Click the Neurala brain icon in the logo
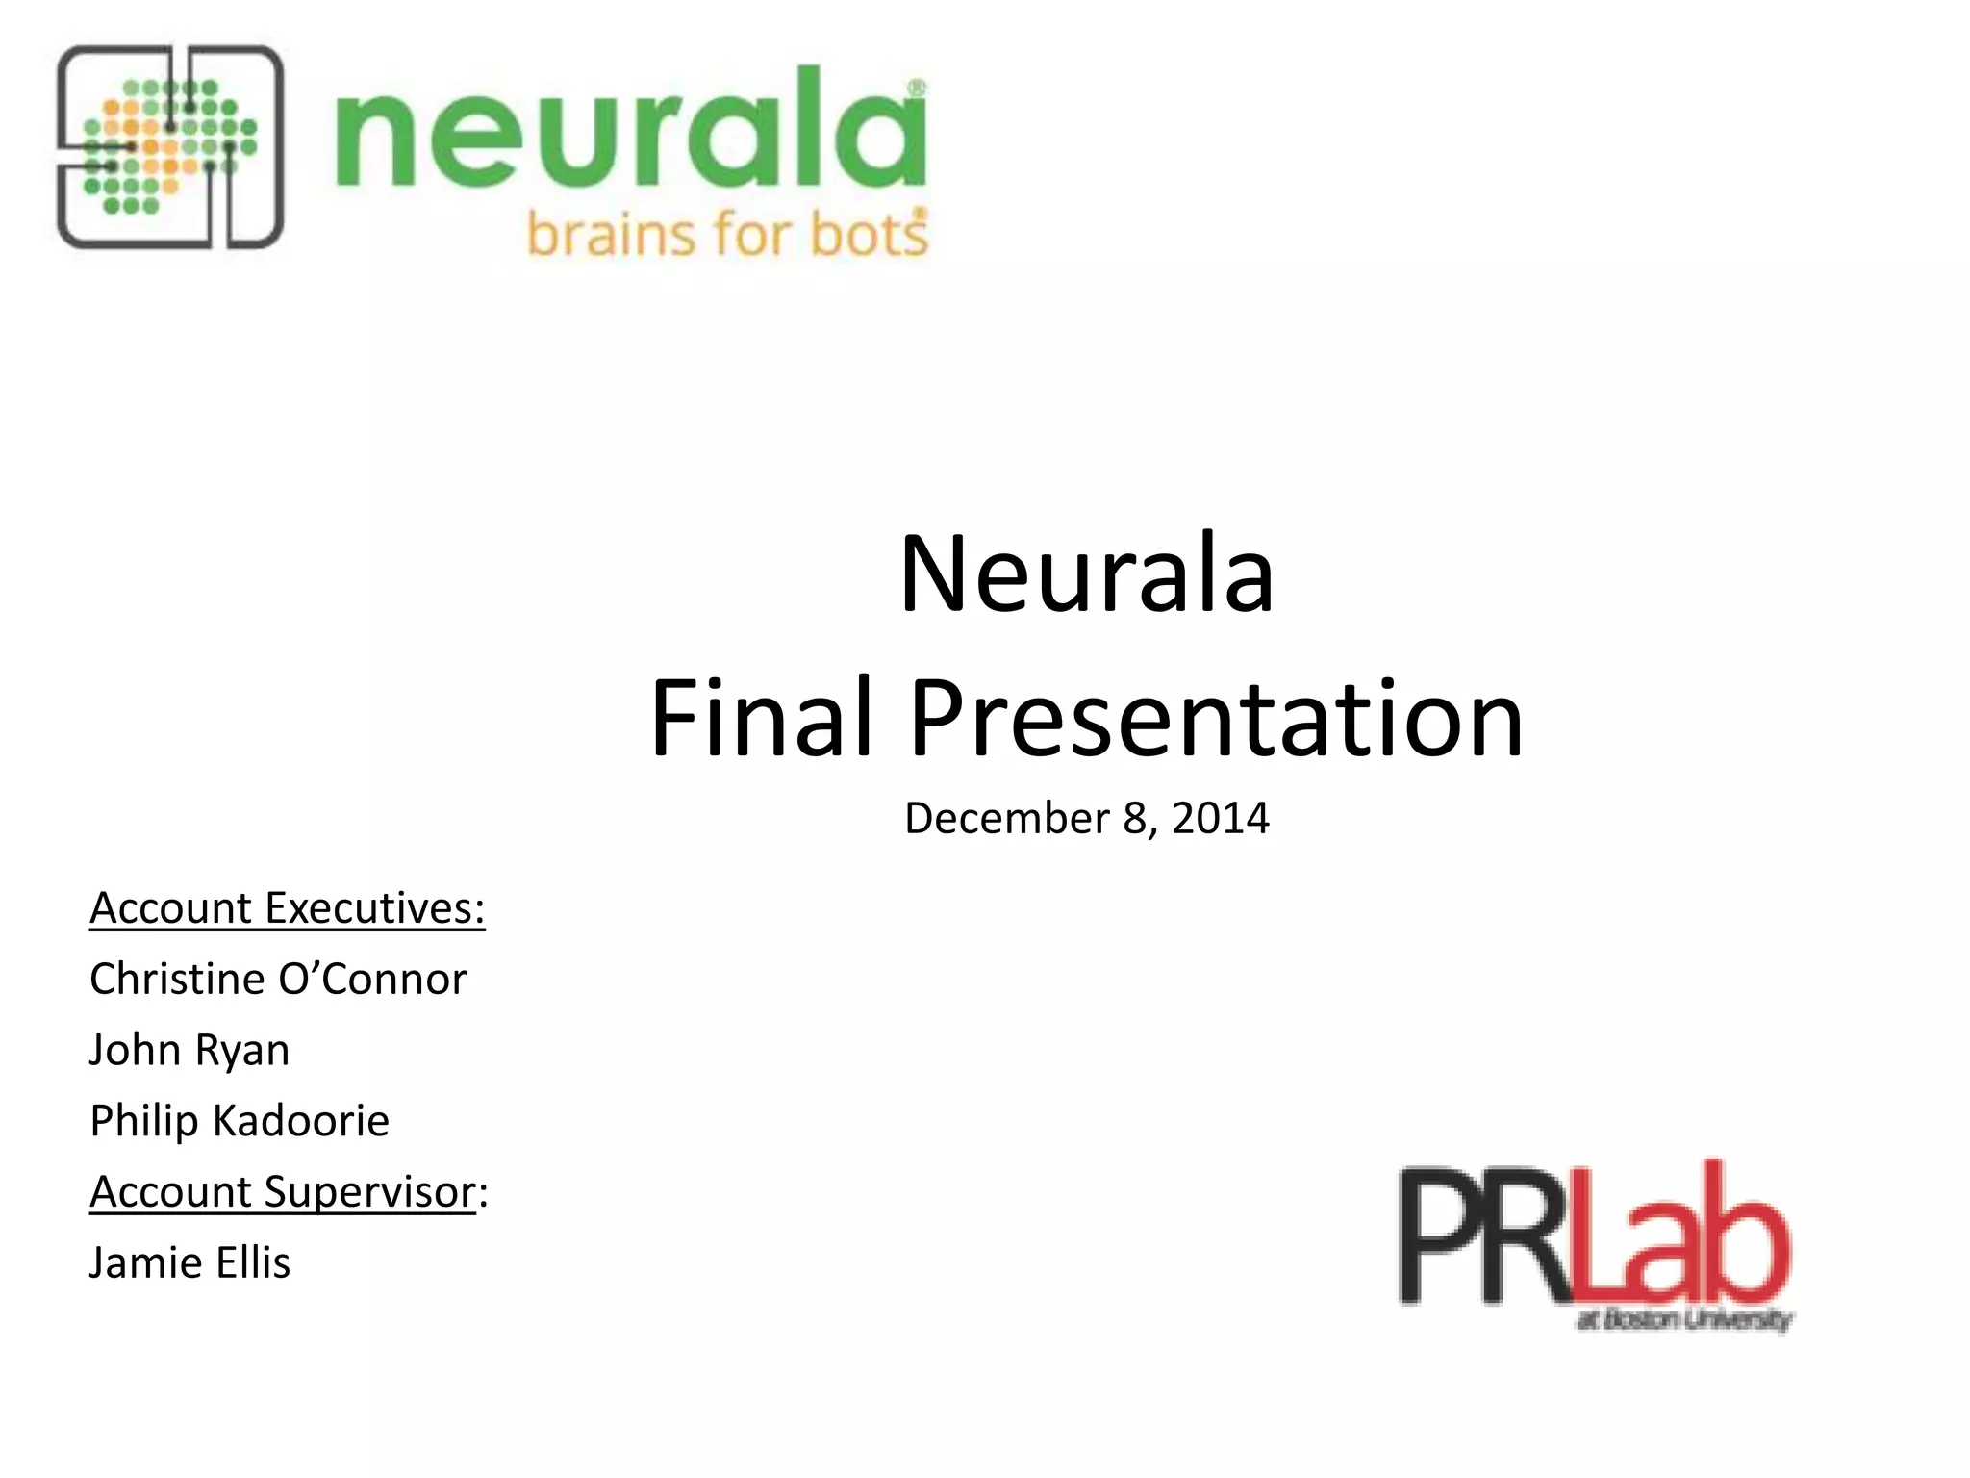pos(170,147)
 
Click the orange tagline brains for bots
pos(727,234)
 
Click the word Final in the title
pos(761,718)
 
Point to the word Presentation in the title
pos(1216,718)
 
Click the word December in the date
pos(1006,819)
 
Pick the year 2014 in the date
pos(1220,819)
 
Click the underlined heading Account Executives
pos(287,908)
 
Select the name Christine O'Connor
pos(278,980)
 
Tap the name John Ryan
pos(189,1050)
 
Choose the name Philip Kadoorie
pos(240,1121)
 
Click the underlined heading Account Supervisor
pos(284,1192)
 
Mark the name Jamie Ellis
pos(189,1263)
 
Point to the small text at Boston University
pos(1683,1319)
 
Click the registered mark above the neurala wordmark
pos(917,89)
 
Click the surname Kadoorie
pos(300,1121)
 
